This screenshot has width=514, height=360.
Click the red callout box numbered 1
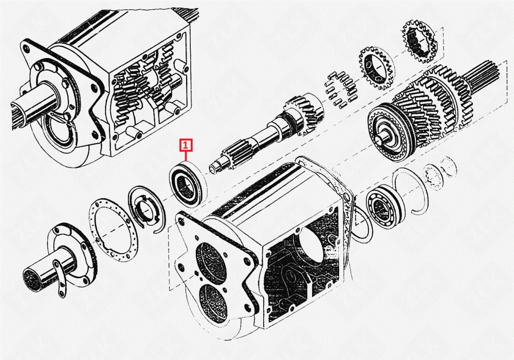[186, 145]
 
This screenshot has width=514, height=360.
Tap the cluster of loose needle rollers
[340, 90]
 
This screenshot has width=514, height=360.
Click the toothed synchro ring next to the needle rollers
[377, 68]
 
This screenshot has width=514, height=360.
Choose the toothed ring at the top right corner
[418, 41]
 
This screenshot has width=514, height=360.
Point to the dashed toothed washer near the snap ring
[433, 177]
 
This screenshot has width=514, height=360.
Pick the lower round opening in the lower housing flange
[213, 304]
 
